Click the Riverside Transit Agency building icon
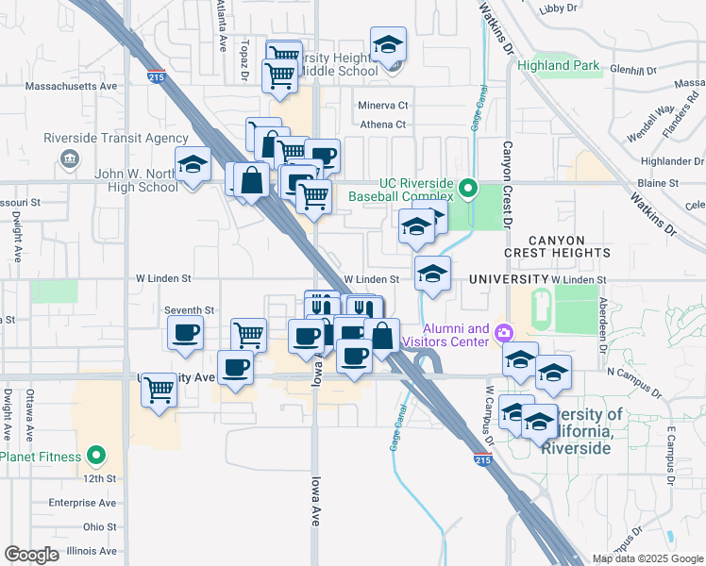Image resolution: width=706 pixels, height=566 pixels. click(69, 158)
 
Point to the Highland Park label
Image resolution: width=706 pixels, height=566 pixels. click(558, 66)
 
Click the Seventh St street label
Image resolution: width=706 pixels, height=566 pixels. click(190, 309)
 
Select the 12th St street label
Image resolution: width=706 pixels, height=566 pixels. click(97, 479)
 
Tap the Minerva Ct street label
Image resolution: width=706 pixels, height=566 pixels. click(382, 106)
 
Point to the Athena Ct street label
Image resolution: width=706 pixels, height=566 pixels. click(382, 125)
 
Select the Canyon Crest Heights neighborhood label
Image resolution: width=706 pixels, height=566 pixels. click(557, 246)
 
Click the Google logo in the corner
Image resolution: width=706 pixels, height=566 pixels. click(31, 555)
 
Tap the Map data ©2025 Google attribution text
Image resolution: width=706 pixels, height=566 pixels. click(647, 558)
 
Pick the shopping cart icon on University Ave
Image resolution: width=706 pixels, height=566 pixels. click(160, 387)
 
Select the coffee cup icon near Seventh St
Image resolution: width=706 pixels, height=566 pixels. click(186, 332)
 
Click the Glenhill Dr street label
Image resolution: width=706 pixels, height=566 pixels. click(632, 71)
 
